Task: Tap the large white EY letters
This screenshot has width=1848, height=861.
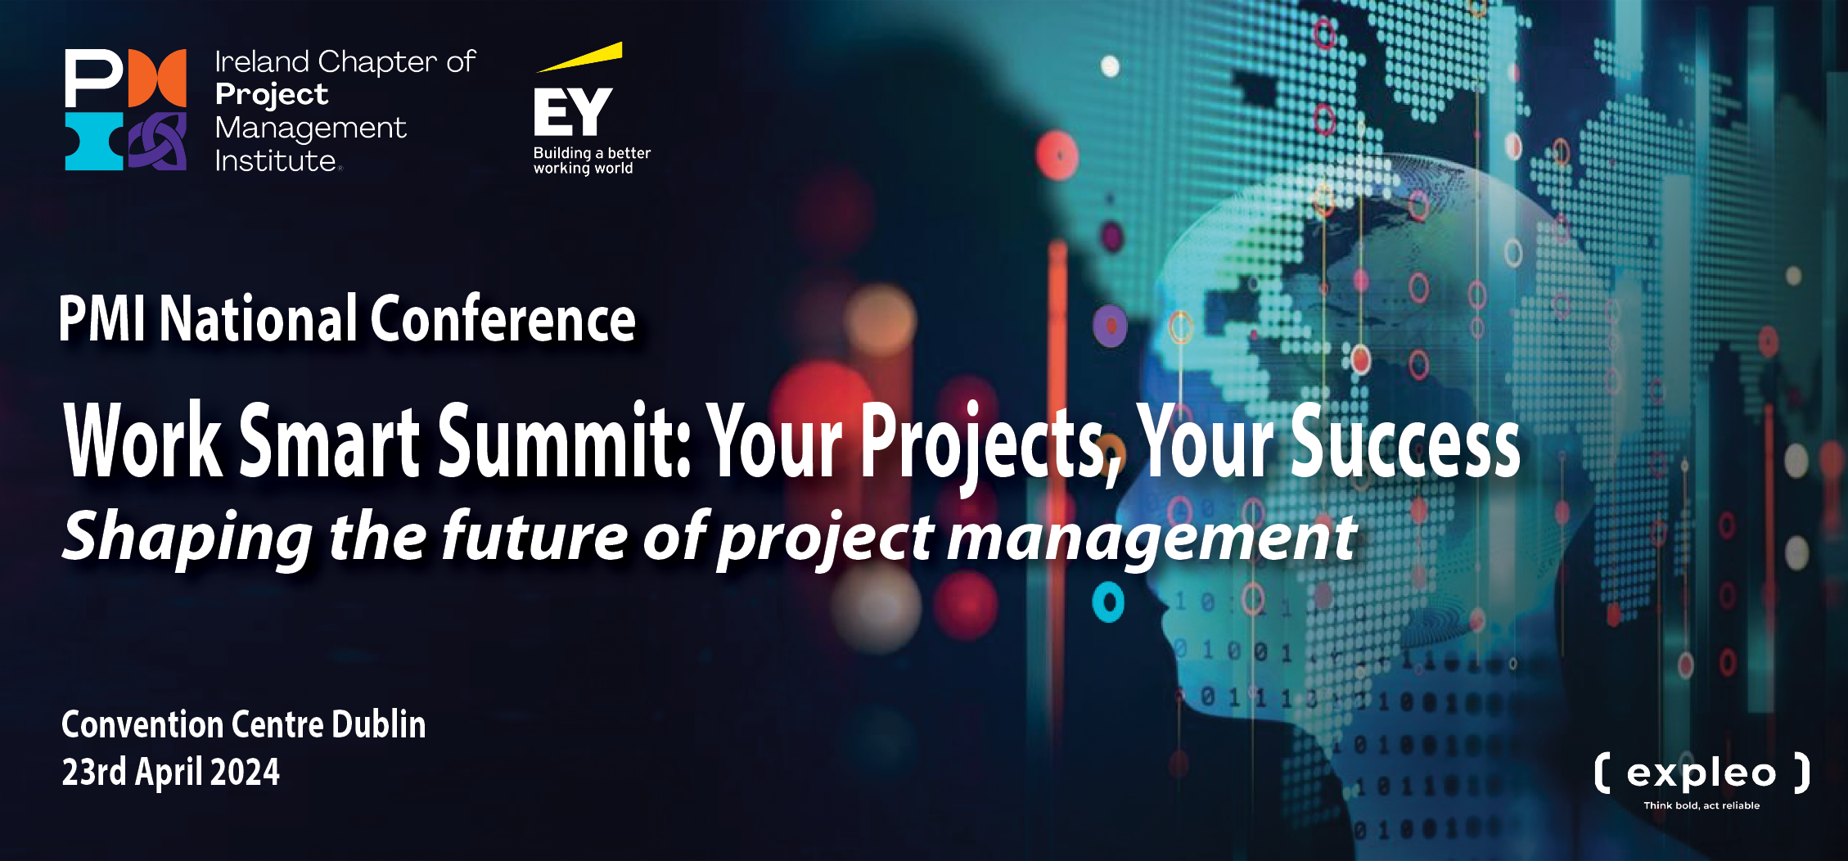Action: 573,112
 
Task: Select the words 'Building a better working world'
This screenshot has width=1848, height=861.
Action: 592,160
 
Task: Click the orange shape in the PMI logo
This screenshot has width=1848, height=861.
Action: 158,78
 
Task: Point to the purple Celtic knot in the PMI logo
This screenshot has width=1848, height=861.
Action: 158,142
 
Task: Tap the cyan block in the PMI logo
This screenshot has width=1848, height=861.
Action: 94,142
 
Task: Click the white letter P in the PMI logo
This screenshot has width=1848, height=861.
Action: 93,78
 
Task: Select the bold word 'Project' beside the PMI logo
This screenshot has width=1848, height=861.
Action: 272,96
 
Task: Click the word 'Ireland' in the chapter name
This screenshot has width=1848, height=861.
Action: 263,61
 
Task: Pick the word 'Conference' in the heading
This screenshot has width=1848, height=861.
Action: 503,318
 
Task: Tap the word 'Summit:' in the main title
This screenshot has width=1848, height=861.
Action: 565,440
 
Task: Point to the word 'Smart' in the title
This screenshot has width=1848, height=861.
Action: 330,440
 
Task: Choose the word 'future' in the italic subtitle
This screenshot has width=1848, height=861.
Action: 534,535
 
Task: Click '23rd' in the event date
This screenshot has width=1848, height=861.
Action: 94,772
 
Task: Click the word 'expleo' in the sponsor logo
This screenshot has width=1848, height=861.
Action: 1702,774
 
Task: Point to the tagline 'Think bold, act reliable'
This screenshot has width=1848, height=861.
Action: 1702,805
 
